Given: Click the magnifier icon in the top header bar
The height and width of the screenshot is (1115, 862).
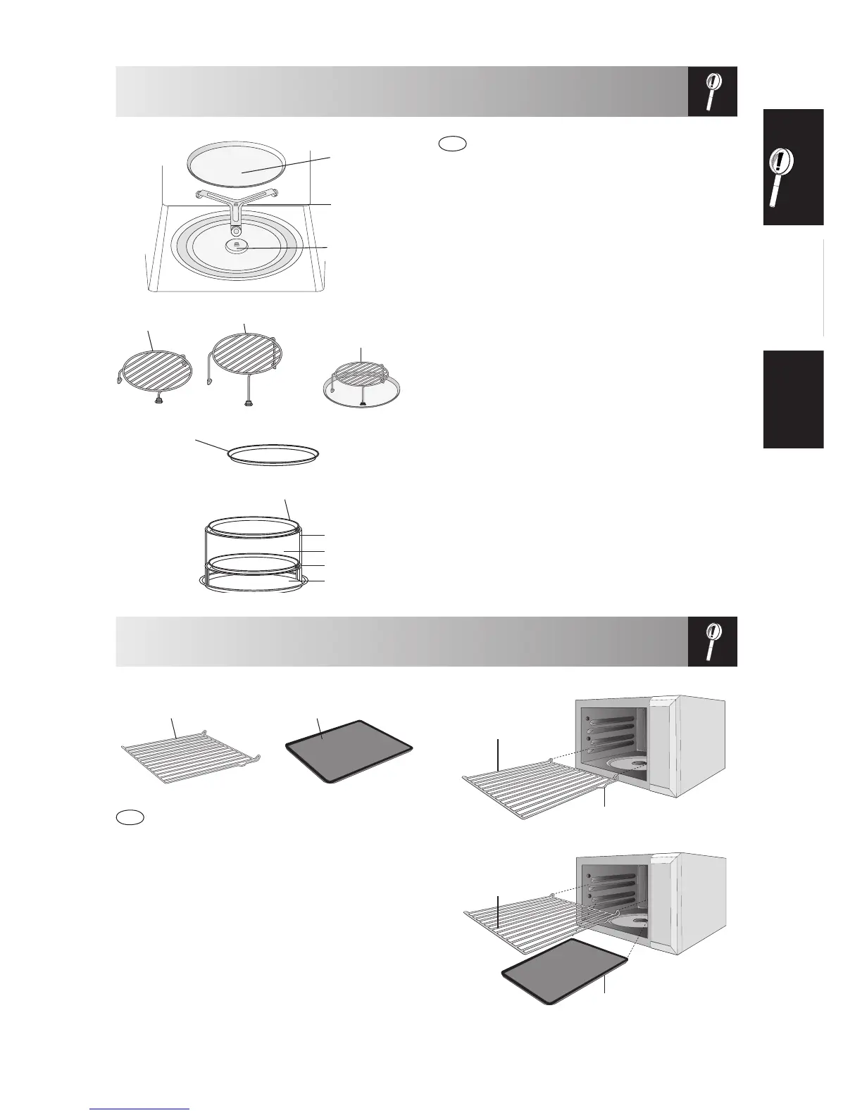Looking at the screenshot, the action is (x=712, y=92).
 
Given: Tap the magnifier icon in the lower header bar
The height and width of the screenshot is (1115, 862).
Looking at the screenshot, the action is (x=712, y=641).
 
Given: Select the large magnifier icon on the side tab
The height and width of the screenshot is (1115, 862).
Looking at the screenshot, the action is (x=792, y=168).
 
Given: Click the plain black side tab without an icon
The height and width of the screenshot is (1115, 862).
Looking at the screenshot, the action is (x=792, y=399).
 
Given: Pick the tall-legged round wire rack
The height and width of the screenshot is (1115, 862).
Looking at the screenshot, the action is (x=246, y=360).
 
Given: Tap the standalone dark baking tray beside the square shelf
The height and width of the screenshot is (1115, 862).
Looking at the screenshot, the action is (x=348, y=750).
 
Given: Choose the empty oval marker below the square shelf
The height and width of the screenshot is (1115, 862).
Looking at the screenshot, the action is (x=130, y=817).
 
